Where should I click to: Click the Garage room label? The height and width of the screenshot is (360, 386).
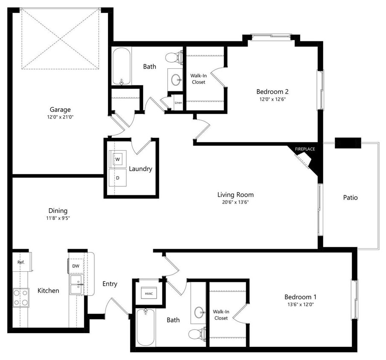coord(60,109)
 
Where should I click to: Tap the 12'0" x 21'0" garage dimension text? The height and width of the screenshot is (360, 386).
coord(60,116)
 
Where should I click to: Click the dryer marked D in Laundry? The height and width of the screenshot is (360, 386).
coord(117,177)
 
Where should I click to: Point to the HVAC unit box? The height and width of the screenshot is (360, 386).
coord(149,294)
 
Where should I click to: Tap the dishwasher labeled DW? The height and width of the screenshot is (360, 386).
coord(76,266)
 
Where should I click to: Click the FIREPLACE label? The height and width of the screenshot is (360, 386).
coord(305,149)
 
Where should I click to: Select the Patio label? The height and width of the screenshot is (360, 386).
coord(350,197)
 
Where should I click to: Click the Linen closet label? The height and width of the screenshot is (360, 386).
coord(178,103)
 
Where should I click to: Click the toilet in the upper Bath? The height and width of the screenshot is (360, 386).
coord(174,57)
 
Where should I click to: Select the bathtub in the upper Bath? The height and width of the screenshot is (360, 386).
coord(122,67)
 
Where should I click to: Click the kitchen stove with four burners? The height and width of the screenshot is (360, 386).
coord(20,297)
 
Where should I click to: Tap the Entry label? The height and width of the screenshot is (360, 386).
coord(110,284)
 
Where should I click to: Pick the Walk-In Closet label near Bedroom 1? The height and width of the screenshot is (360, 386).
coord(221,315)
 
